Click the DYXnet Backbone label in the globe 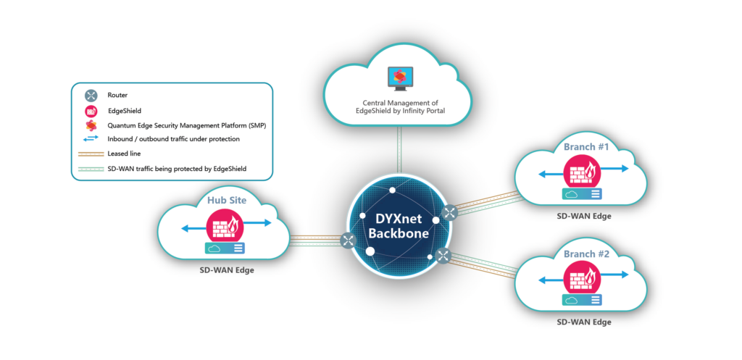click(x=397, y=226)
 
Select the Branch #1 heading click(x=586, y=147)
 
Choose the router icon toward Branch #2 click(x=443, y=255)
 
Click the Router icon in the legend click(x=91, y=95)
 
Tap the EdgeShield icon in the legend click(x=91, y=110)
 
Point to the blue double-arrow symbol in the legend click(x=91, y=138)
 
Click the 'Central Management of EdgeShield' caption click(x=399, y=106)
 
